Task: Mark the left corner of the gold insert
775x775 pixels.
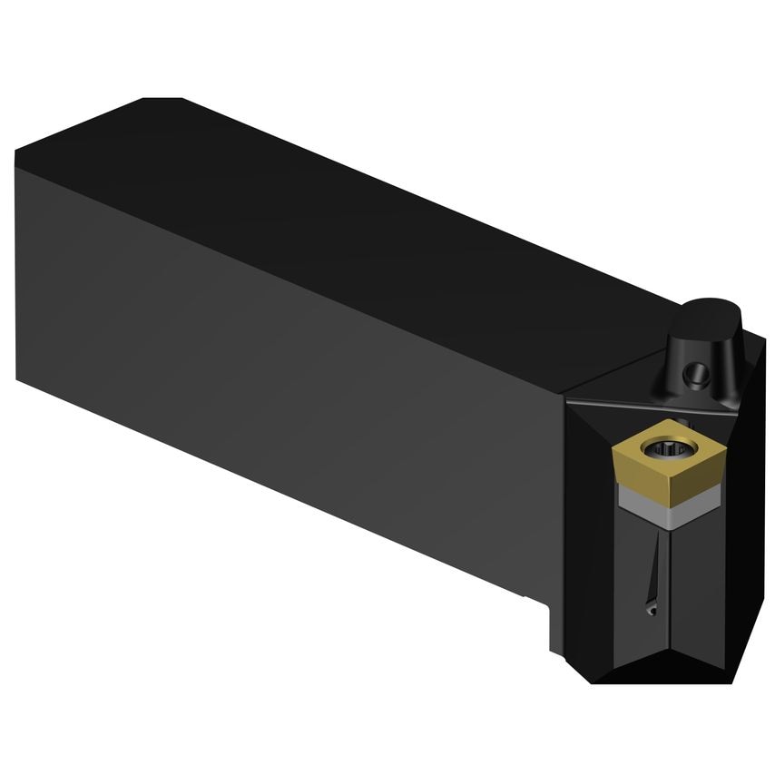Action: pyautogui.click(x=615, y=446)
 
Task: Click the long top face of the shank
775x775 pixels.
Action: pyautogui.click(x=363, y=209)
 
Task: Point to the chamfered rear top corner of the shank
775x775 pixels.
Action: pyautogui.click(x=168, y=100)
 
